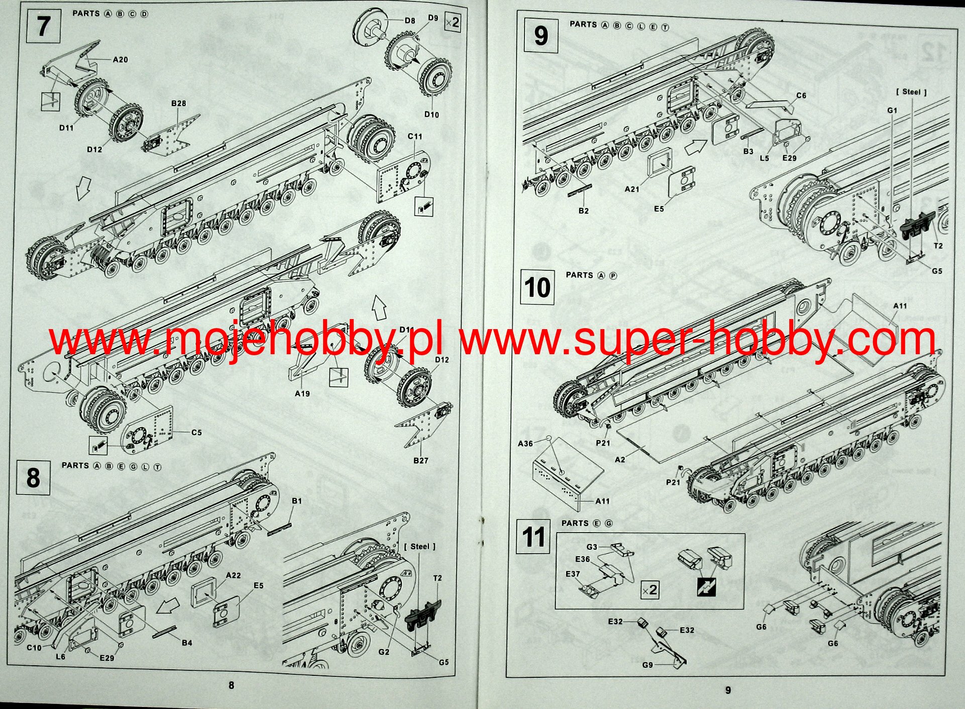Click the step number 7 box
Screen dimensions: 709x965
(x=43, y=26)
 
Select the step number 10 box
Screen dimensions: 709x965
(x=537, y=287)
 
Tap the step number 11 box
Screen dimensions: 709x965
(x=533, y=537)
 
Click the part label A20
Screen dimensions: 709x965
(x=120, y=60)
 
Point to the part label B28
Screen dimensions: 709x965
(x=178, y=104)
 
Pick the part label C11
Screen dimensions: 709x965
(x=415, y=137)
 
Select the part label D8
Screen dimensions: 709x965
(x=410, y=21)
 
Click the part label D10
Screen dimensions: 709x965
(x=432, y=115)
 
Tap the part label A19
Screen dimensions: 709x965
(x=302, y=393)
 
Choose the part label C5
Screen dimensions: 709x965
(x=196, y=432)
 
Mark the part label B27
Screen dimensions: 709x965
(x=420, y=460)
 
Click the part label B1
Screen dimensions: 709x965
(x=297, y=501)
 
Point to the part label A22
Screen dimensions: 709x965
(x=233, y=575)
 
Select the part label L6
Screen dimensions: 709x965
(x=60, y=657)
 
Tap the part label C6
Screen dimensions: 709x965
(x=801, y=95)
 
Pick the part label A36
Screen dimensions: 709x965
(x=525, y=443)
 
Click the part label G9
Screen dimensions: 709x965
(x=648, y=665)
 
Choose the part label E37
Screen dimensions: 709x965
(x=573, y=574)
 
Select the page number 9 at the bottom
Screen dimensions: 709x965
(x=728, y=690)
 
